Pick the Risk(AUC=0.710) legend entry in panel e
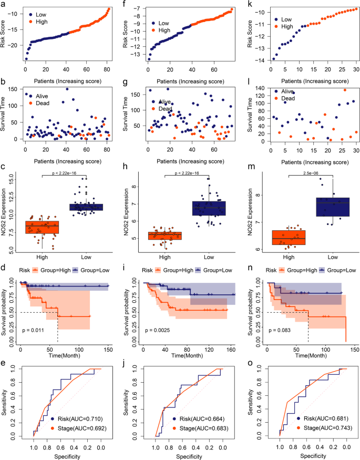(x=79, y=419)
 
